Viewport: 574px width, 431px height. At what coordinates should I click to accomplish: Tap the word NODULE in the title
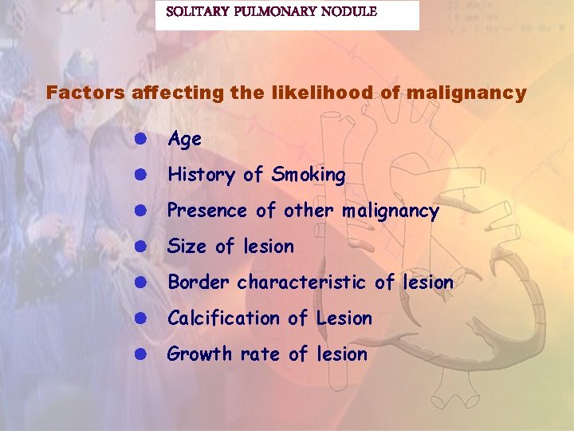(x=348, y=12)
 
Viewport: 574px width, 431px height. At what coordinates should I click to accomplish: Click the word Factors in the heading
(x=81, y=93)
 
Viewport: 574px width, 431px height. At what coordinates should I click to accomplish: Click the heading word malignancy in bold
(x=466, y=93)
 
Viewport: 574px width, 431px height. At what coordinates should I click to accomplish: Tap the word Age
(x=184, y=140)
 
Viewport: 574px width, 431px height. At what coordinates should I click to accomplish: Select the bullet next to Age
(x=139, y=139)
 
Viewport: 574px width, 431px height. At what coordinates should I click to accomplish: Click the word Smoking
(x=309, y=175)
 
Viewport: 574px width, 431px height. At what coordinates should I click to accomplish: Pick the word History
(x=201, y=175)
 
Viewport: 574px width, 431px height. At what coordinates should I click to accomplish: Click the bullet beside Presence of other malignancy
(x=139, y=211)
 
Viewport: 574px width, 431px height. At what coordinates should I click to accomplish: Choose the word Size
(x=187, y=247)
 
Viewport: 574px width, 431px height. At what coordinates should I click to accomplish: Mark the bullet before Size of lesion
(x=139, y=247)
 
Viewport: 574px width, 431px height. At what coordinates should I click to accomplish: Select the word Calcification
(x=224, y=318)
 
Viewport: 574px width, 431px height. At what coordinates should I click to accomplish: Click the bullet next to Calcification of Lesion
(x=139, y=318)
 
